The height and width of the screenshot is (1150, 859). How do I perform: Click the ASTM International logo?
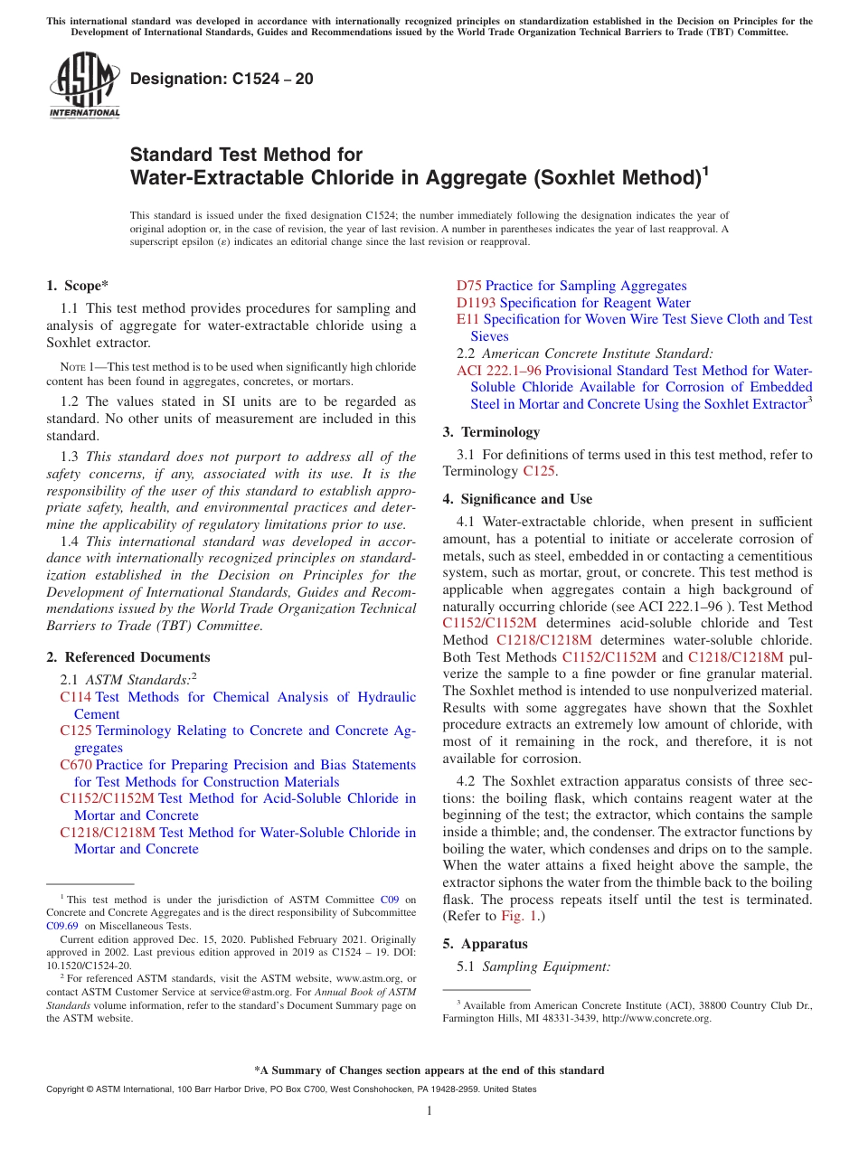(84, 86)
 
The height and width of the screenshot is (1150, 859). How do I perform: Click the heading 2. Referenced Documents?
(128, 657)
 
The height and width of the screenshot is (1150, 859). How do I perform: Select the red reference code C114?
(75, 697)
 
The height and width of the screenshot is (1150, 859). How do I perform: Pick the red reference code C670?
(75, 765)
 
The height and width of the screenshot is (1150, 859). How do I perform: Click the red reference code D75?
(468, 286)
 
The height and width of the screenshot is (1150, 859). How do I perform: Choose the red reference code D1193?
(476, 303)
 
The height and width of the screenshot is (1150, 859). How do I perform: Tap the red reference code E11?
(467, 319)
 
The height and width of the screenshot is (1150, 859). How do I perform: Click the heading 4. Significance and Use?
(517, 499)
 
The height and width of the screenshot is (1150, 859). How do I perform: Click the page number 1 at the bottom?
(429, 1111)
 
